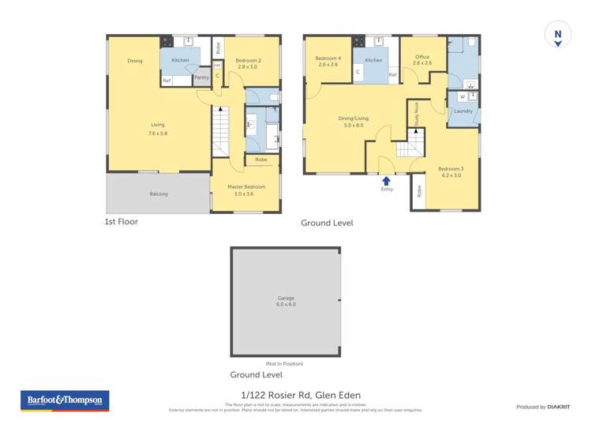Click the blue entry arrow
(x=387, y=181)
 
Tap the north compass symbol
(x=557, y=35)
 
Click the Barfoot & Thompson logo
(x=65, y=401)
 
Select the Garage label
(x=285, y=299)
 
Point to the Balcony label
(x=159, y=193)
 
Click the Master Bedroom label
(x=246, y=186)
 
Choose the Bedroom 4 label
(x=328, y=59)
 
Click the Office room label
(x=423, y=60)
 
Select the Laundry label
(x=463, y=111)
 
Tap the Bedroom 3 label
(x=451, y=169)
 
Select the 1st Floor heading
(x=122, y=222)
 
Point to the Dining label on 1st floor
(x=135, y=61)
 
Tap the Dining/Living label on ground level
(x=353, y=118)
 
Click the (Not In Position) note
(x=285, y=363)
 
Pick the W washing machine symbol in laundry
(x=462, y=96)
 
